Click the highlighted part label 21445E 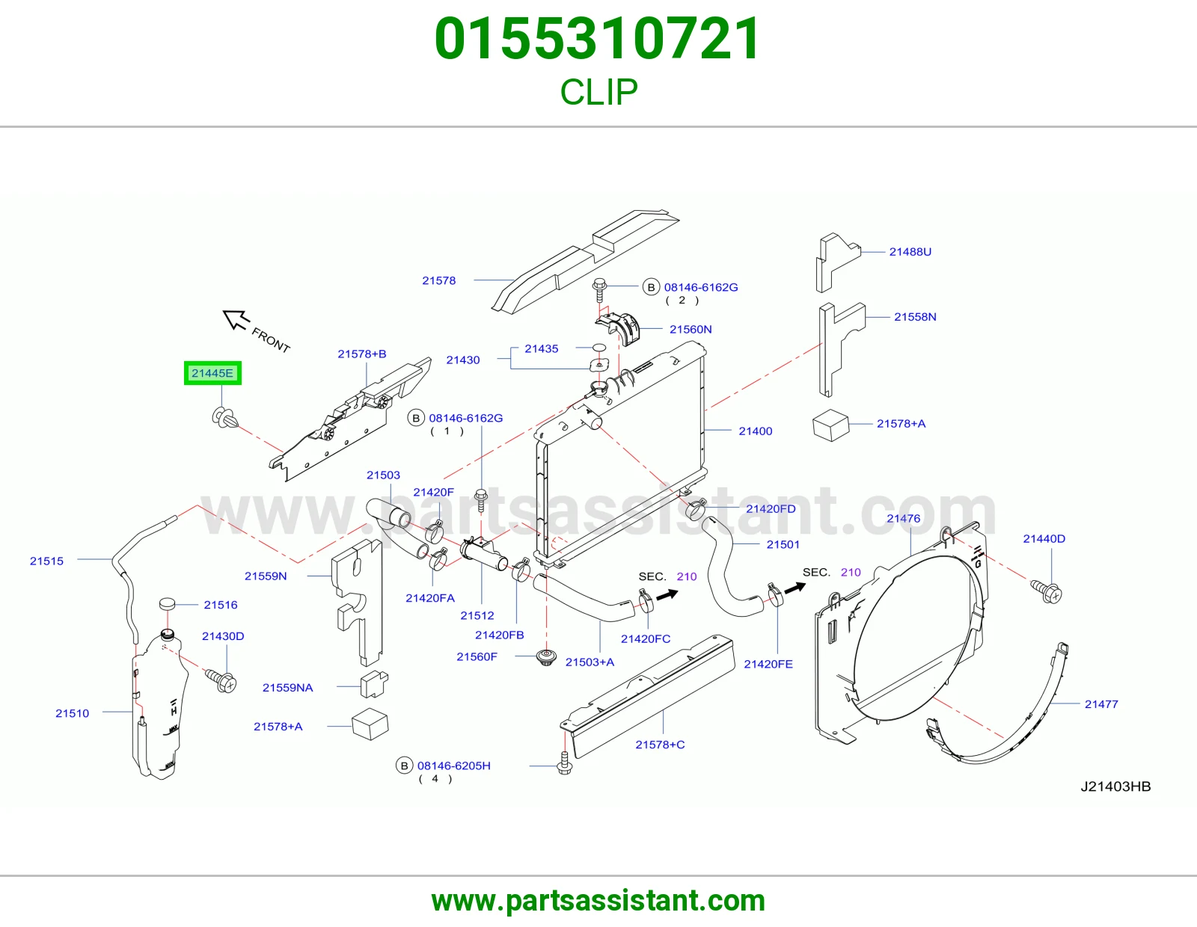click(x=212, y=373)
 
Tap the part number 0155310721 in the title click(x=598, y=39)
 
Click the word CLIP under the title click(x=598, y=92)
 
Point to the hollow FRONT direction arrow click(x=236, y=319)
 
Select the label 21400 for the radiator click(x=755, y=431)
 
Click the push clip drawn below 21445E click(x=224, y=418)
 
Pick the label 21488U click(x=910, y=252)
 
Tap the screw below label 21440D click(x=1046, y=592)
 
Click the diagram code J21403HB click(x=1115, y=786)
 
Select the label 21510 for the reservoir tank click(x=72, y=713)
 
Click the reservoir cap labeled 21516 click(x=168, y=603)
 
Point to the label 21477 click(x=1101, y=704)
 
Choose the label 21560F click(x=477, y=656)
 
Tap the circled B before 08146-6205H click(x=404, y=766)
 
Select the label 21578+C click(x=660, y=745)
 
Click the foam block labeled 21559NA click(x=374, y=683)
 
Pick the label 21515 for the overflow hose click(x=47, y=561)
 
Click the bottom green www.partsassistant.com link click(x=598, y=901)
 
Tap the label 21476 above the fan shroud click(x=904, y=518)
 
